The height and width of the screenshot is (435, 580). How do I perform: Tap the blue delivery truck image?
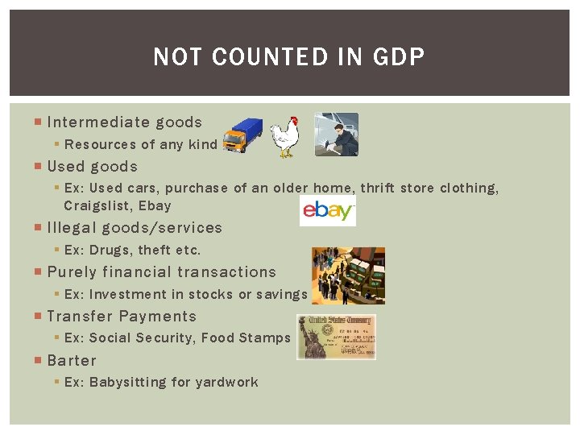[242, 135]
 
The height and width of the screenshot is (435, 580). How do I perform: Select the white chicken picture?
[284, 136]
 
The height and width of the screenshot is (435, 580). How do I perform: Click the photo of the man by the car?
[336, 134]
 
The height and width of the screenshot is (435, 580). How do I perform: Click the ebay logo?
[327, 211]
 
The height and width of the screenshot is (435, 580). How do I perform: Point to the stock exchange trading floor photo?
[348, 275]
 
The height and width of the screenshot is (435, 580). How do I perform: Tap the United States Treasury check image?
[336, 337]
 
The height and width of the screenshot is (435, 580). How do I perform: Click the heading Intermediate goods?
[124, 122]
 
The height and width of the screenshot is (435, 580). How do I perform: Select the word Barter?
[72, 361]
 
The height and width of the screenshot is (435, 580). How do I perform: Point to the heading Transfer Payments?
[122, 317]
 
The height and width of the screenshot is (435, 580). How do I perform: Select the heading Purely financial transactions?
[161, 272]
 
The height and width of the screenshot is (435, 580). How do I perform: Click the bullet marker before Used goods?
[39, 167]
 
